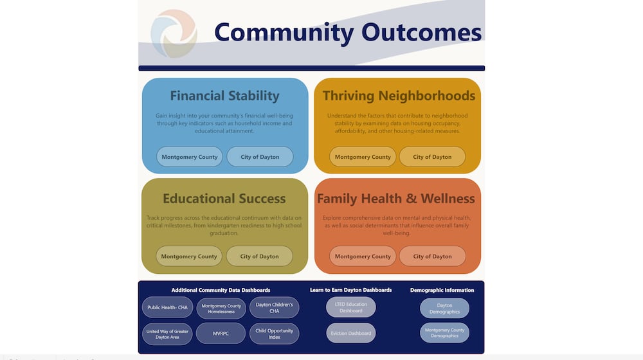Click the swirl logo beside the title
[x=174, y=33]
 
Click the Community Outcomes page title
[x=347, y=32]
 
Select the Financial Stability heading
[x=224, y=96]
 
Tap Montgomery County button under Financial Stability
[x=190, y=157]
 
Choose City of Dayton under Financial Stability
[x=260, y=157]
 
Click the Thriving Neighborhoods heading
[x=399, y=96]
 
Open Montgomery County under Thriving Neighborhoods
[x=363, y=157]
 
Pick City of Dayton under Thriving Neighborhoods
[x=432, y=157]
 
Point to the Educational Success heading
[x=224, y=199]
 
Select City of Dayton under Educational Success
[x=260, y=256]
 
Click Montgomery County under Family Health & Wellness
[x=363, y=256]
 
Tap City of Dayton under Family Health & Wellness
[x=432, y=256]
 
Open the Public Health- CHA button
[x=167, y=307]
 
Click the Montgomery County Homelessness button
[x=221, y=309]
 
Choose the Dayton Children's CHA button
[x=275, y=307]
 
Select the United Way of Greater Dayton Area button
[x=167, y=334]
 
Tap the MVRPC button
[x=221, y=334]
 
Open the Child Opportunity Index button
[x=275, y=334]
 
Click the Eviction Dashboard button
[x=350, y=333]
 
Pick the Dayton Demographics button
[x=444, y=309]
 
